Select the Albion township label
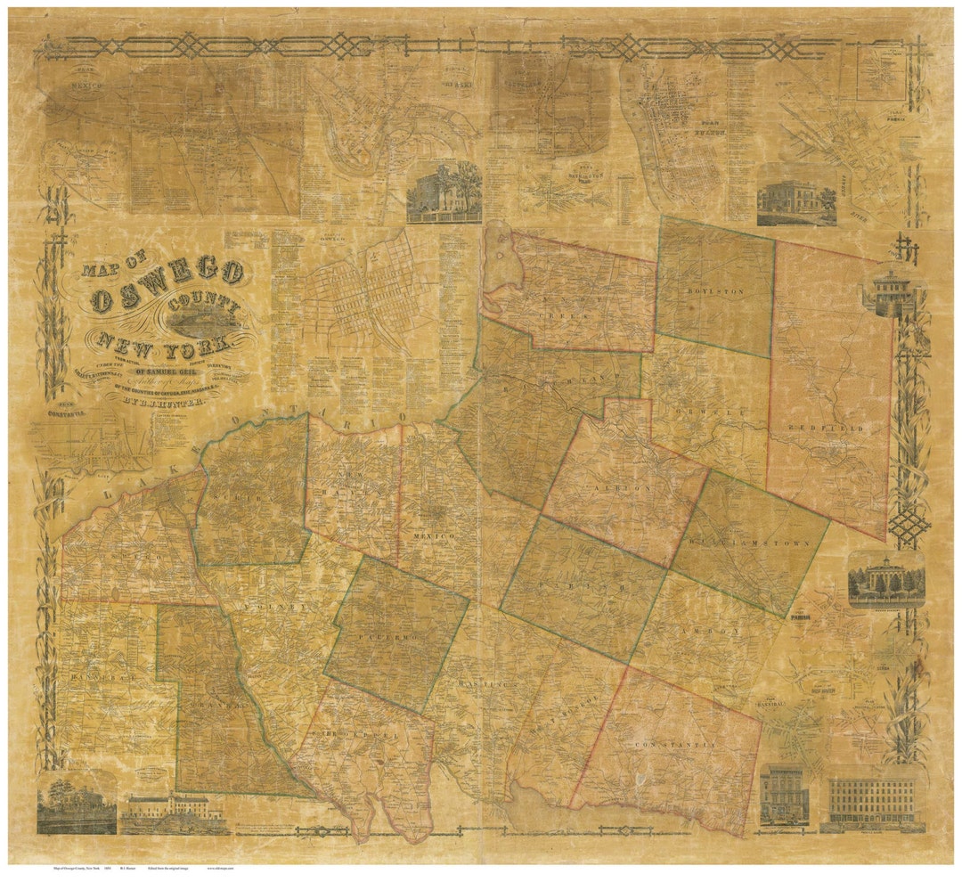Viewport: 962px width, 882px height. (x=625, y=489)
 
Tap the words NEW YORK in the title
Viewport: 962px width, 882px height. (x=164, y=342)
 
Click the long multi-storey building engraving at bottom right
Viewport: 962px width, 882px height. (x=872, y=801)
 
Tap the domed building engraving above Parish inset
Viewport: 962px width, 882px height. (x=885, y=580)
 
